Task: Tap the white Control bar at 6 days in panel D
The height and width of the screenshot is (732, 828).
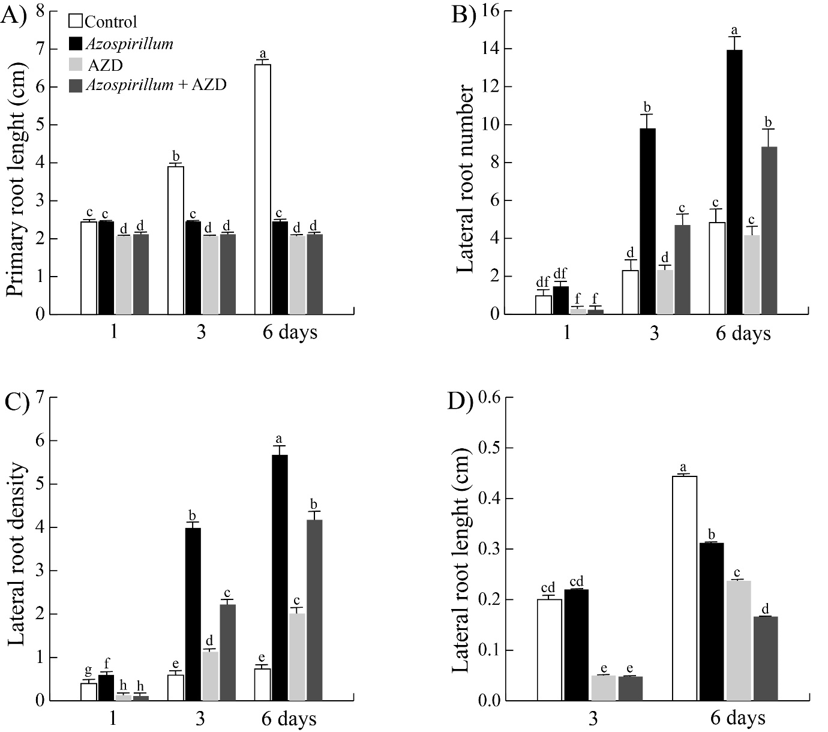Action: click(x=684, y=588)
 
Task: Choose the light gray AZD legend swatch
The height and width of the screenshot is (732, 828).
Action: click(x=75, y=65)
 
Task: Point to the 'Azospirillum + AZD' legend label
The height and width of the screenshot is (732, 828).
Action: click(x=156, y=85)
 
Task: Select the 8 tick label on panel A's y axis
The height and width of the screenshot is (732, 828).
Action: click(x=40, y=11)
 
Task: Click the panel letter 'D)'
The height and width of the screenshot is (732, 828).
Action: click(x=461, y=401)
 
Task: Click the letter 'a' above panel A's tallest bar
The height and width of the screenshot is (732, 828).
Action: click(x=262, y=54)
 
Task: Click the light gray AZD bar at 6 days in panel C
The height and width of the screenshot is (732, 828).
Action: click(x=297, y=657)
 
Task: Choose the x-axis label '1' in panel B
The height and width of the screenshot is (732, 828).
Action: click(x=568, y=333)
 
